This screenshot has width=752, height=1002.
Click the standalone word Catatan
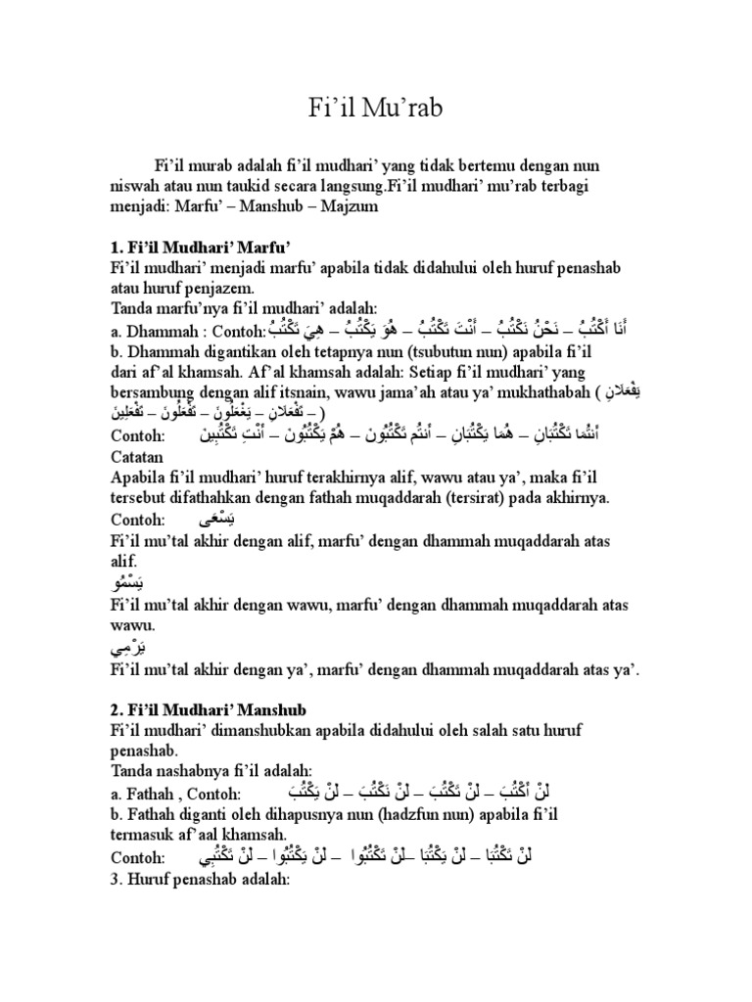click(136, 455)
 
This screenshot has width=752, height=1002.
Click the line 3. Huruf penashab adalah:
click(203, 878)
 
